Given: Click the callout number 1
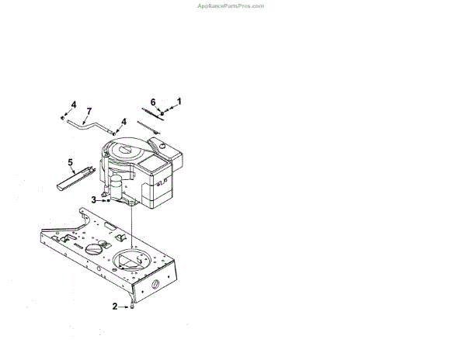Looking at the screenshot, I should click(x=179, y=101).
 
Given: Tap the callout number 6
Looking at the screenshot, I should click(x=153, y=102).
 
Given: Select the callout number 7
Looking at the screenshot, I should click(x=89, y=112).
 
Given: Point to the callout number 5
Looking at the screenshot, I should click(x=70, y=163).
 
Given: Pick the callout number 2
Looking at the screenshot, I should click(x=115, y=307).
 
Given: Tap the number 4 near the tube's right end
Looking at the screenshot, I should click(x=123, y=121).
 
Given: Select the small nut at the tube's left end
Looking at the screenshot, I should click(x=62, y=117).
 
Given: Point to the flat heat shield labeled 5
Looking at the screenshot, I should click(x=76, y=178).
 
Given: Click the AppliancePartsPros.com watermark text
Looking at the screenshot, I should click(x=231, y=5).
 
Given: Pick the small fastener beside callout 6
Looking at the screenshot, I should click(x=162, y=115).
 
